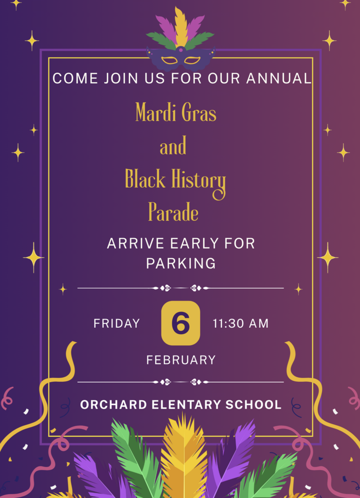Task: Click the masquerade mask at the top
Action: tap(180, 59)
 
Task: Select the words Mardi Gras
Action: tap(176, 113)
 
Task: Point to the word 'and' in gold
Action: tap(173, 146)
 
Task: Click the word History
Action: tap(198, 180)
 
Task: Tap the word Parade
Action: tap(173, 213)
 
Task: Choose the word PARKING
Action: tap(181, 264)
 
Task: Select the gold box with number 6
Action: tap(180, 323)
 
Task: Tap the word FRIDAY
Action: tap(117, 323)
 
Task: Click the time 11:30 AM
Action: tap(241, 323)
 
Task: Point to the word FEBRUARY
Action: tap(181, 360)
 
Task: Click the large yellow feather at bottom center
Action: tap(184, 457)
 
